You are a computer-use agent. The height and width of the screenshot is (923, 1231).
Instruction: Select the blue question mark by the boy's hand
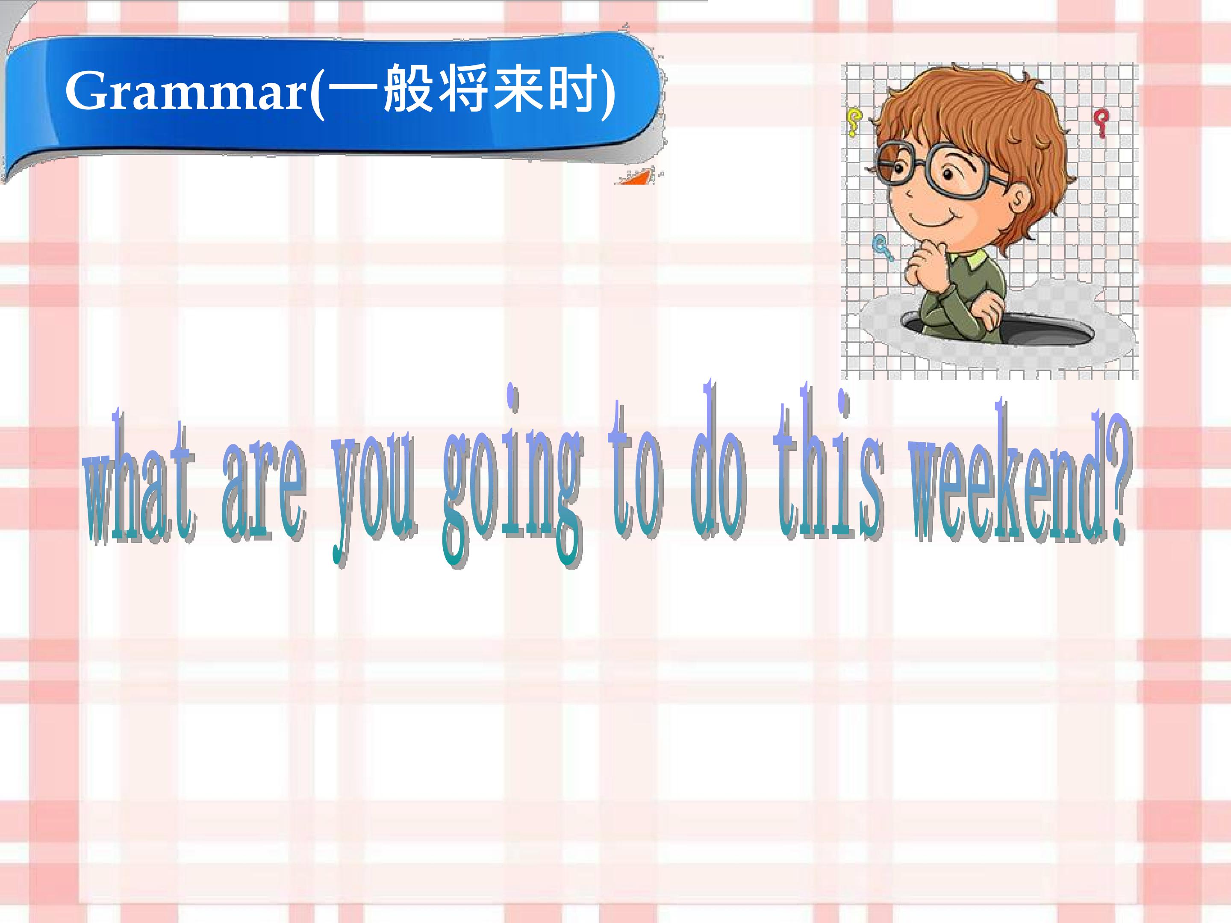point(883,247)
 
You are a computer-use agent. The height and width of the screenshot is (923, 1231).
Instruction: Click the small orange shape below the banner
point(634,178)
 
